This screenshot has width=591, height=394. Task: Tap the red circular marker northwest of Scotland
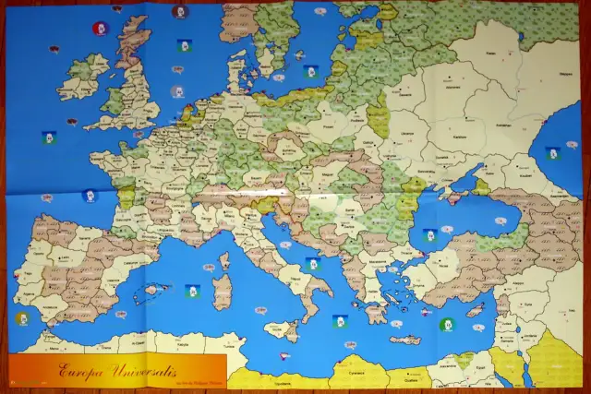point(96,29)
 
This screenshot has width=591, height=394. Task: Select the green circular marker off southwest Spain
point(21,318)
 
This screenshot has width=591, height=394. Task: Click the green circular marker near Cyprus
point(446,324)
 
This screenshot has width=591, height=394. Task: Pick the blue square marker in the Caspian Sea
point(552,152)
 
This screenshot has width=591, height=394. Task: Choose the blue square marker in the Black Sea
point(428,234)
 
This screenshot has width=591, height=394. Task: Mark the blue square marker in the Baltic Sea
point(311,70)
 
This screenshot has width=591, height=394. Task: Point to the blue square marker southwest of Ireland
point(48,137)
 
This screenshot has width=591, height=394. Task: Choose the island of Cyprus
point(475,311)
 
